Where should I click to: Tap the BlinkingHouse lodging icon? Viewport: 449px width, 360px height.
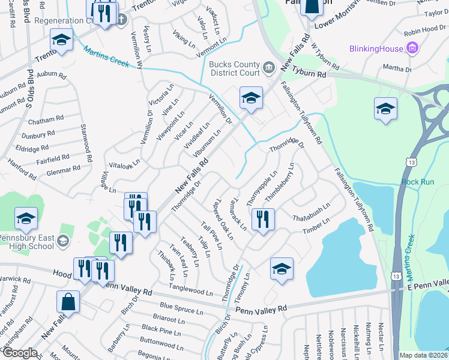coord(412,48)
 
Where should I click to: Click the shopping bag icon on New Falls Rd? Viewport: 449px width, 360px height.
coord(68,304)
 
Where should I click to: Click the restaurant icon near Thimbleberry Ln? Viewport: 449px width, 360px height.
coord(263,220)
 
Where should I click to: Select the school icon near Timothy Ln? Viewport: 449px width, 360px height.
coord(281,270)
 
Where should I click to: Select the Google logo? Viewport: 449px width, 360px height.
coord(20,353)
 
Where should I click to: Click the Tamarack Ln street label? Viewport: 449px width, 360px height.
coord(239,214)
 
